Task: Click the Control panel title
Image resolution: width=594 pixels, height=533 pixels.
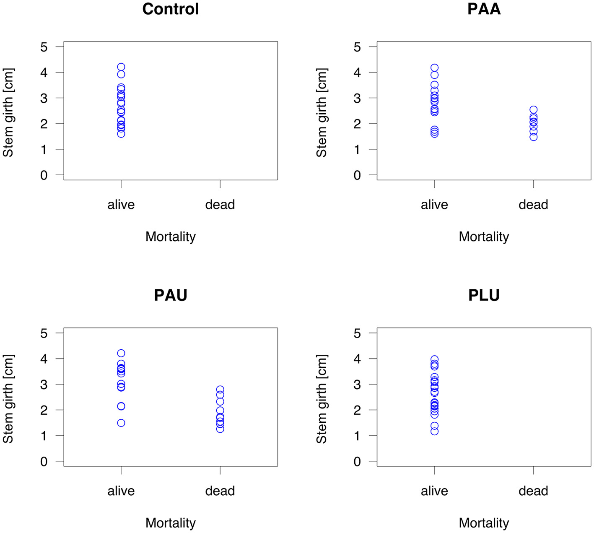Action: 170,9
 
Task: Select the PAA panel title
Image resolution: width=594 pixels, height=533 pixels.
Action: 484,9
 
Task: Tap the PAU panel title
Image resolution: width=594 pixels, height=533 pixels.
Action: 170,295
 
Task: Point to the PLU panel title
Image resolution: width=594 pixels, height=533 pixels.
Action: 484,295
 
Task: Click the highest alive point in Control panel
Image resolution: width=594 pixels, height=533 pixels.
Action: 121,67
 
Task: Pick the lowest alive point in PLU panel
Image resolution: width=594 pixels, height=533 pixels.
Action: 434,431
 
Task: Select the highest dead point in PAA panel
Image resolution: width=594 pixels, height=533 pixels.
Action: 533,109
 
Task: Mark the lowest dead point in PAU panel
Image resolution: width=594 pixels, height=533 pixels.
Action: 220,429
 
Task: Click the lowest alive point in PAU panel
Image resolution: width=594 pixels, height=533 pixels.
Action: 121,423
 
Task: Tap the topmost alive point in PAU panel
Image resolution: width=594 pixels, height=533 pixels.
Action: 121,353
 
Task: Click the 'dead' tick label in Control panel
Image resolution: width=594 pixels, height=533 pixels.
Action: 220,205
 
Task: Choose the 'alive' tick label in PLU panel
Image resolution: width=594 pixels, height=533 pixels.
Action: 434,491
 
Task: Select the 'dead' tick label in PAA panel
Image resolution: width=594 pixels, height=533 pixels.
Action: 533,205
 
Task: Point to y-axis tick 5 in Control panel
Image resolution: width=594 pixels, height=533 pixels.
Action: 44,47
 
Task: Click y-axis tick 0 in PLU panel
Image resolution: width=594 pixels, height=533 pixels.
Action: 357,462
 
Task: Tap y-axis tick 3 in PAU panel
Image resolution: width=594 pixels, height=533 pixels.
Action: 44,385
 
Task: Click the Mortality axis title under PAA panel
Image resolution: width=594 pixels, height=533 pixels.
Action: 484,237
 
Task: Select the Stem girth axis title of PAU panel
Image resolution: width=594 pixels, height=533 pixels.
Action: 8,399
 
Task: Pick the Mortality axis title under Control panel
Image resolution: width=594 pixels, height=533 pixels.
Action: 170,237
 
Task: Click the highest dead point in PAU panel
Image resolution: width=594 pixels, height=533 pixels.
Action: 220,390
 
